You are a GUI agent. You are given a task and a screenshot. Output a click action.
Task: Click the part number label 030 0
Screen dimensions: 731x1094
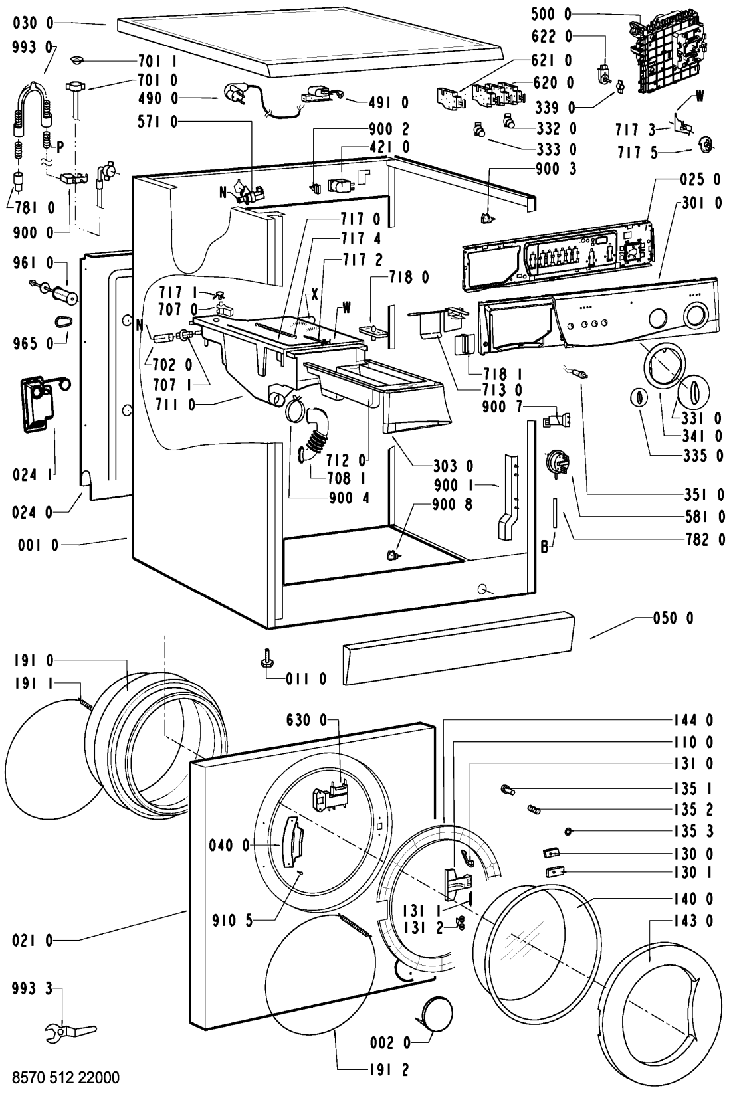[33, 23]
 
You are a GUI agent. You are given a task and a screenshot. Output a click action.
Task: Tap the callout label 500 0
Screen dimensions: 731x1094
[551, 14]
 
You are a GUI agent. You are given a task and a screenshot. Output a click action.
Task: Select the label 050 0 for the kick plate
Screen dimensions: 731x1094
[673, 618]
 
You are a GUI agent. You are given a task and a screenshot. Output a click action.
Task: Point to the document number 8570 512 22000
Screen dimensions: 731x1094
[66, 1077]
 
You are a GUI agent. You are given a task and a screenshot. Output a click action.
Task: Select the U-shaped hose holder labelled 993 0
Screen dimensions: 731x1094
[33, 117]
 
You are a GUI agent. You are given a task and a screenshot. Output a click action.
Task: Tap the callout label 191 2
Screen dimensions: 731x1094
[389, 1069]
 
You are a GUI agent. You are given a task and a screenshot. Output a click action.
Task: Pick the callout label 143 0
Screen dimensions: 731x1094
[693, 921]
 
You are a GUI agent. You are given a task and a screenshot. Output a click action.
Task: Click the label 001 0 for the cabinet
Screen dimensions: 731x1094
[38, 545]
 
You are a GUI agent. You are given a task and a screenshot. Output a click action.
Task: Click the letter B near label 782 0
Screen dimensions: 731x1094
[544, 547]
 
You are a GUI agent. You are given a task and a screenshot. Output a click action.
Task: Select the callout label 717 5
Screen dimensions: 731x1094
[637, 153]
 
